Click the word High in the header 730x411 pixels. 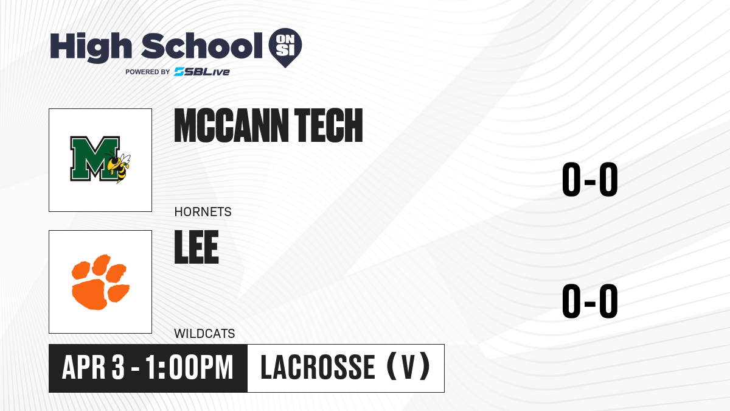(91, 47)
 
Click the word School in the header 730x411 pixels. (202, 46)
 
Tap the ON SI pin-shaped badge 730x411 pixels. (285, 47)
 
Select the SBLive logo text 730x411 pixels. (202, 72)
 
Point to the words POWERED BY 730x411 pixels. (148, 72)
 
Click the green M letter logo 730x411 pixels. (94, 158)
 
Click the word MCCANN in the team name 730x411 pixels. (231, 125)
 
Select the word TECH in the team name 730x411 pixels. (328, 125)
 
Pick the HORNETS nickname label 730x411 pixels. (203, 212)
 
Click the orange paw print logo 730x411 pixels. (100, 282)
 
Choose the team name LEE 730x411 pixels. (196, 247)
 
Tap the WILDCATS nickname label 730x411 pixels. (204, 334)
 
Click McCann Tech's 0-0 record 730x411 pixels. (590, 180)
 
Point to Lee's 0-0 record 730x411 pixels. (590, 301)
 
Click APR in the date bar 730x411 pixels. (84, 368)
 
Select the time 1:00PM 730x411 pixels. (189, 368)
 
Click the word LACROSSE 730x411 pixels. (318, 368)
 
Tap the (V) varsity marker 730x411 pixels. (408, 367)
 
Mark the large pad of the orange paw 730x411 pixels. (89, 296)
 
